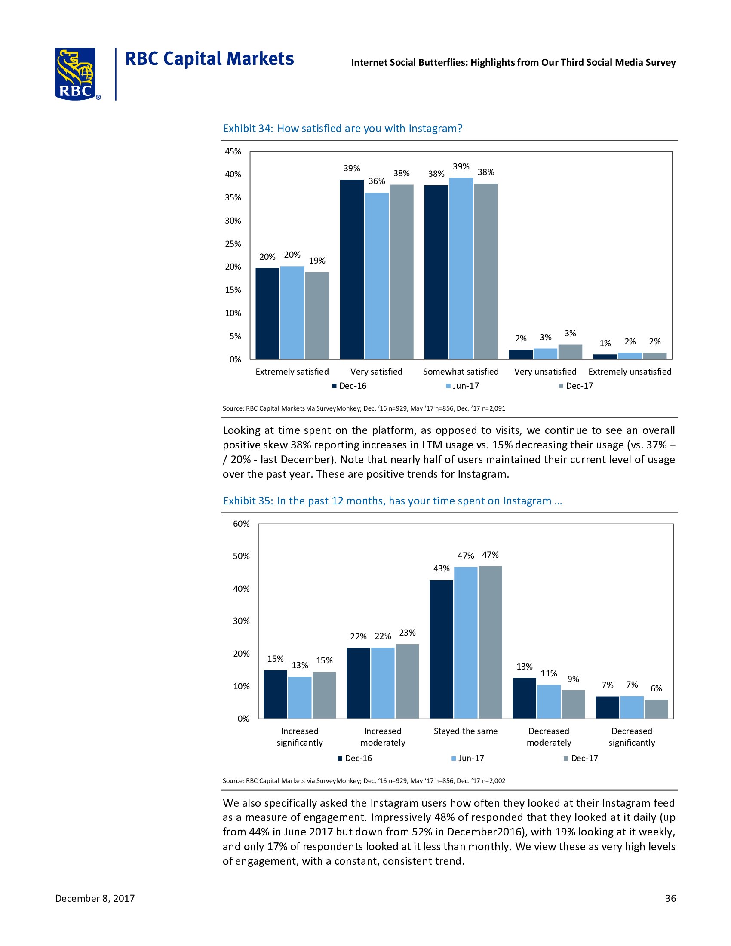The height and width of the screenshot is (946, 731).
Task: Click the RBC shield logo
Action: click(x=75, y=74)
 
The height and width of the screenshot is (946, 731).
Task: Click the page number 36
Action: click(x=670, y=898)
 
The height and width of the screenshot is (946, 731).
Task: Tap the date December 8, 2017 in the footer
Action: click(x=95, y=898)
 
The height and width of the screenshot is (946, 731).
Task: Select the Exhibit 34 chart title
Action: click(x=342, y=128)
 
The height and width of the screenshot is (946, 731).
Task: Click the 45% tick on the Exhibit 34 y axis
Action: click(x=233, y=151)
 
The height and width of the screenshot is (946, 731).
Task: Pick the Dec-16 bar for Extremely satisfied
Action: click(x=267, y=313)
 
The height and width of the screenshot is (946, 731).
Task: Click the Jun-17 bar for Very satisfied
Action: click(x=376, y=276)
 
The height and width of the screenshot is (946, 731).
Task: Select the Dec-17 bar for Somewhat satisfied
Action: click(x=485, y=271)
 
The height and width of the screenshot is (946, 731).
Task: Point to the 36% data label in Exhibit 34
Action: click(x=376, y=181)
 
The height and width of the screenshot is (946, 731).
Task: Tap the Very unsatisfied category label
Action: click(x=545, y=371)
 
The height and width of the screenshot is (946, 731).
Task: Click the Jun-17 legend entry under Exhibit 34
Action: click(x=462, y=386)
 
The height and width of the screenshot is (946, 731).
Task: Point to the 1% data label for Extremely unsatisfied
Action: click(x=605, y=343)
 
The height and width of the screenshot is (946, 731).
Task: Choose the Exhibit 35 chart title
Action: click(x=392, y=500)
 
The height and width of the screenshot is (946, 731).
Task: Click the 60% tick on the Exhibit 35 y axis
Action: click(x=241, y=524)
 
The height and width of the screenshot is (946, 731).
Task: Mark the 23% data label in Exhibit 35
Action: click(x=407, y=633)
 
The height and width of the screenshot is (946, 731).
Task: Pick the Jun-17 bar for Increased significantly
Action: click(x=299, y=697)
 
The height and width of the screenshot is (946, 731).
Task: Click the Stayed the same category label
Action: click(x=466, y=731)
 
